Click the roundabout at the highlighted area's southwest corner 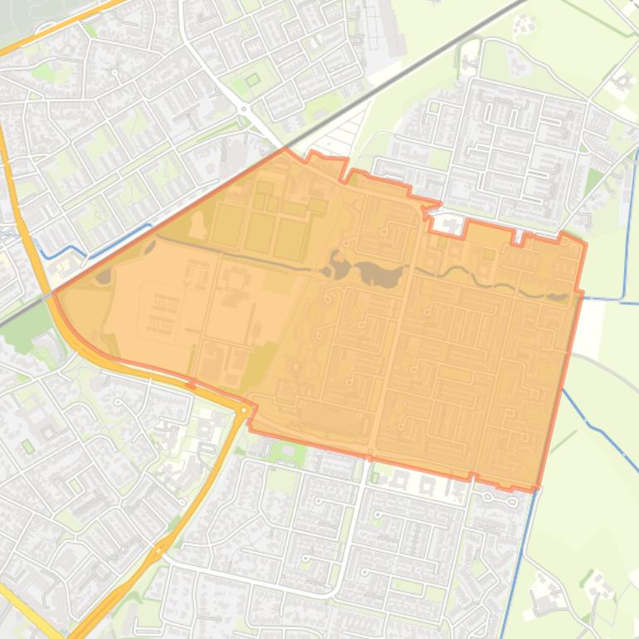click(244, 410)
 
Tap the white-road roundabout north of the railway click(243, 109)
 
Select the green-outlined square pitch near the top click(252, 80)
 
